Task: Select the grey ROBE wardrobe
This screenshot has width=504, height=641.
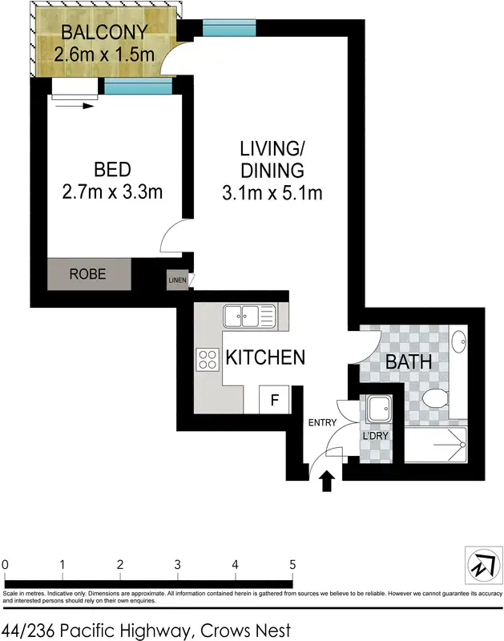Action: pyautogui.click(x=88, y=273)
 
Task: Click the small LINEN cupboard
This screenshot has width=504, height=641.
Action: pyautogui.click(x=177, y=280)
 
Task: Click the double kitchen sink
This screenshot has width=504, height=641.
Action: pyautogui.click(x=249, y=315)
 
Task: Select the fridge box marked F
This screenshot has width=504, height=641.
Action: pyautogui.click(x=273, y=399)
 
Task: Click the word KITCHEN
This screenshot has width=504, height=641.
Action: pyautogui.click(x=264, y=357)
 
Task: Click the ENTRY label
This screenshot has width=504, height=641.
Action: pyautogui.click(x=321, y=423)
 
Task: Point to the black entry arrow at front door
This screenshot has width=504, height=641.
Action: pyautogui.click(x=326, y=481)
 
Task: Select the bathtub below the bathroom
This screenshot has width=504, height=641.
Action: pyautogui.click(x=434, y=445)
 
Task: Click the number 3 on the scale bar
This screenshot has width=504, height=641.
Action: pyautogui.click(x=177, y=564)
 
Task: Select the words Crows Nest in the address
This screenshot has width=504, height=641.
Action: pyautogui.click(x=248, y=631)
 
